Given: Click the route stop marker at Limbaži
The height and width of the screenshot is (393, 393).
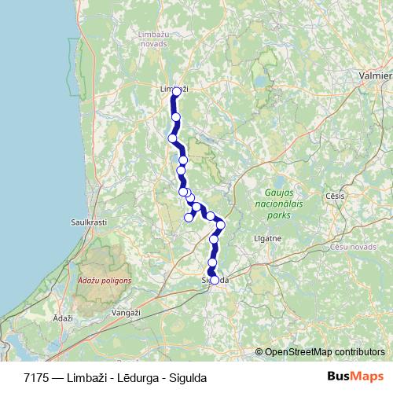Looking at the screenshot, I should [176, 91].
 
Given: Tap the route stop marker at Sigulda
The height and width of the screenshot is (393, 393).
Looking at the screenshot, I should [214, 279].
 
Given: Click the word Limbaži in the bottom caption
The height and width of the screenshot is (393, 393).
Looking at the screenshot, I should [89, 377].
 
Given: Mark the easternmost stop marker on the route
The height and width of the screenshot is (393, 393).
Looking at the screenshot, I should [221, 225].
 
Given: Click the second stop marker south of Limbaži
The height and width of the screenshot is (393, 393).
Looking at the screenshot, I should [172, 138].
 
